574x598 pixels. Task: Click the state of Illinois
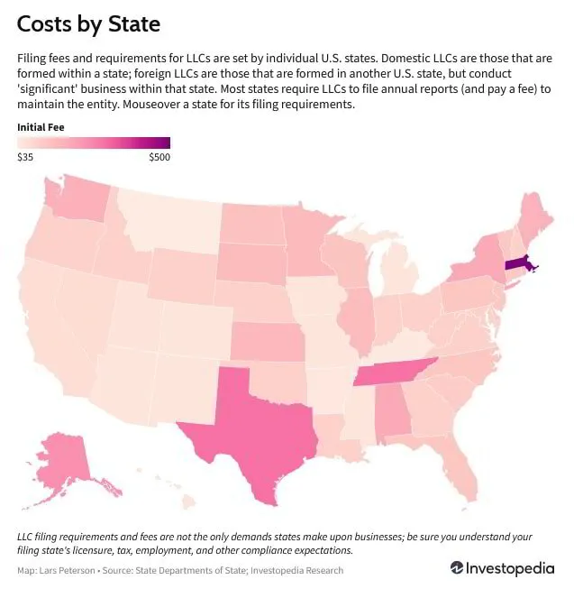pyautogui.click(x=358, y=320)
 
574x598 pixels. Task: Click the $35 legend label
pyautogui.click(x=25, y=157)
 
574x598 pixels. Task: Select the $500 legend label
pyautogui.click(x=159, y=157)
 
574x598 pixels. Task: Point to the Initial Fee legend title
pyautogui.click(x=41, y=127)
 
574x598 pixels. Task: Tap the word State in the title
pyautogui.click(x=134, y=24)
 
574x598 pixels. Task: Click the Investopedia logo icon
pyautogui.click(x=457, y=568)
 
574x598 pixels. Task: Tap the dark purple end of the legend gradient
pyautogui.click(x=166, y=143)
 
